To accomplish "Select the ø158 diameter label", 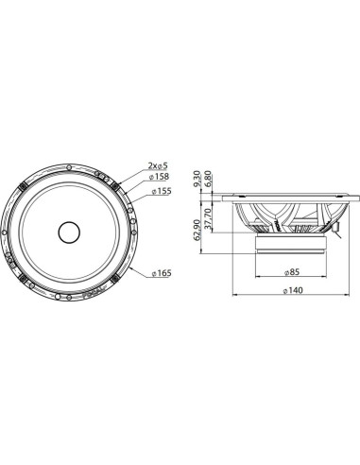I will [x=158, y=177].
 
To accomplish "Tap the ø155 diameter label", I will [x=158, y=190].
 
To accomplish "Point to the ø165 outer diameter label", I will [x=160, y=273].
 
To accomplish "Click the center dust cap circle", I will [x=72, y=231].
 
